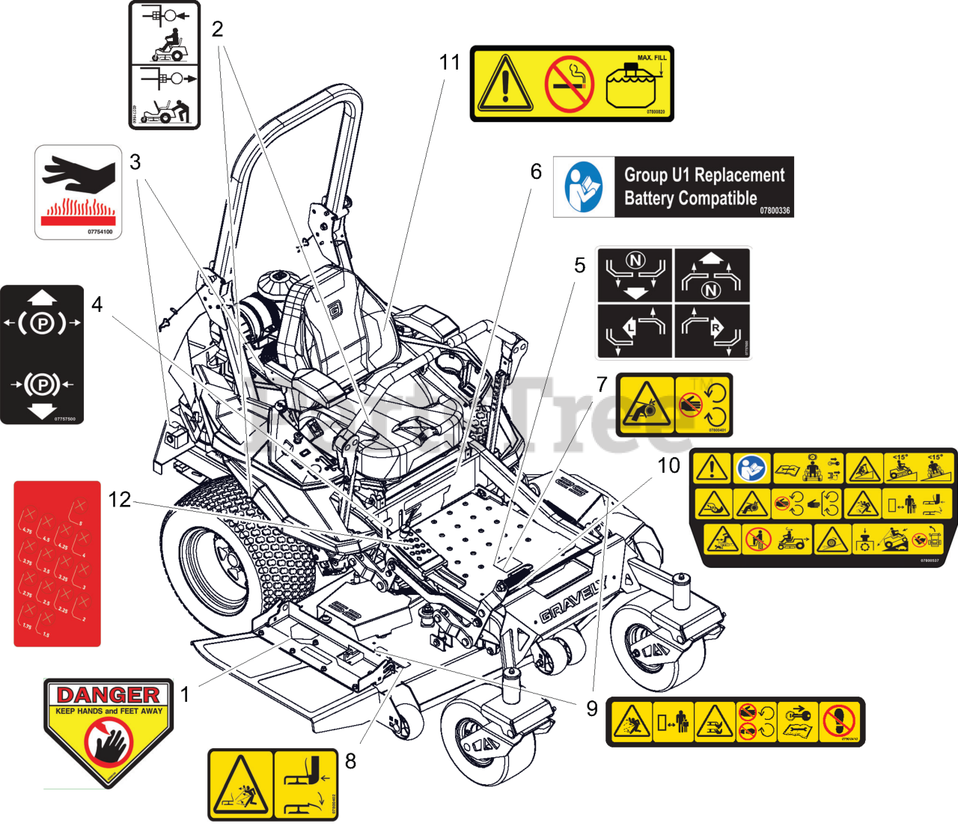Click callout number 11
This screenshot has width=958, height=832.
click(450, 62)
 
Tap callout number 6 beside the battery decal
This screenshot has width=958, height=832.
click(536, 171)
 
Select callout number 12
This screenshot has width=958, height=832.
click(120, 500)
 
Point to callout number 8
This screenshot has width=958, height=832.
click(350, 761)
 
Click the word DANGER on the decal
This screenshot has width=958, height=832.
click(108, 695)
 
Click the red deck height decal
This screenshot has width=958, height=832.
click(57, 563)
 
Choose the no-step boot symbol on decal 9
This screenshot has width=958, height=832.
click(840, 722)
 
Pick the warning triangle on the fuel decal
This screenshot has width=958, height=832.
click(505, 84)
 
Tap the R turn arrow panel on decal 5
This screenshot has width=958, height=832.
click(712, 331)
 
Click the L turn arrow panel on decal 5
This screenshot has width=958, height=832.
click(634, 331)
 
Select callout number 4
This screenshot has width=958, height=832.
click(97, 305)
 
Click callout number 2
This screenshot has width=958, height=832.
click(218, 29)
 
